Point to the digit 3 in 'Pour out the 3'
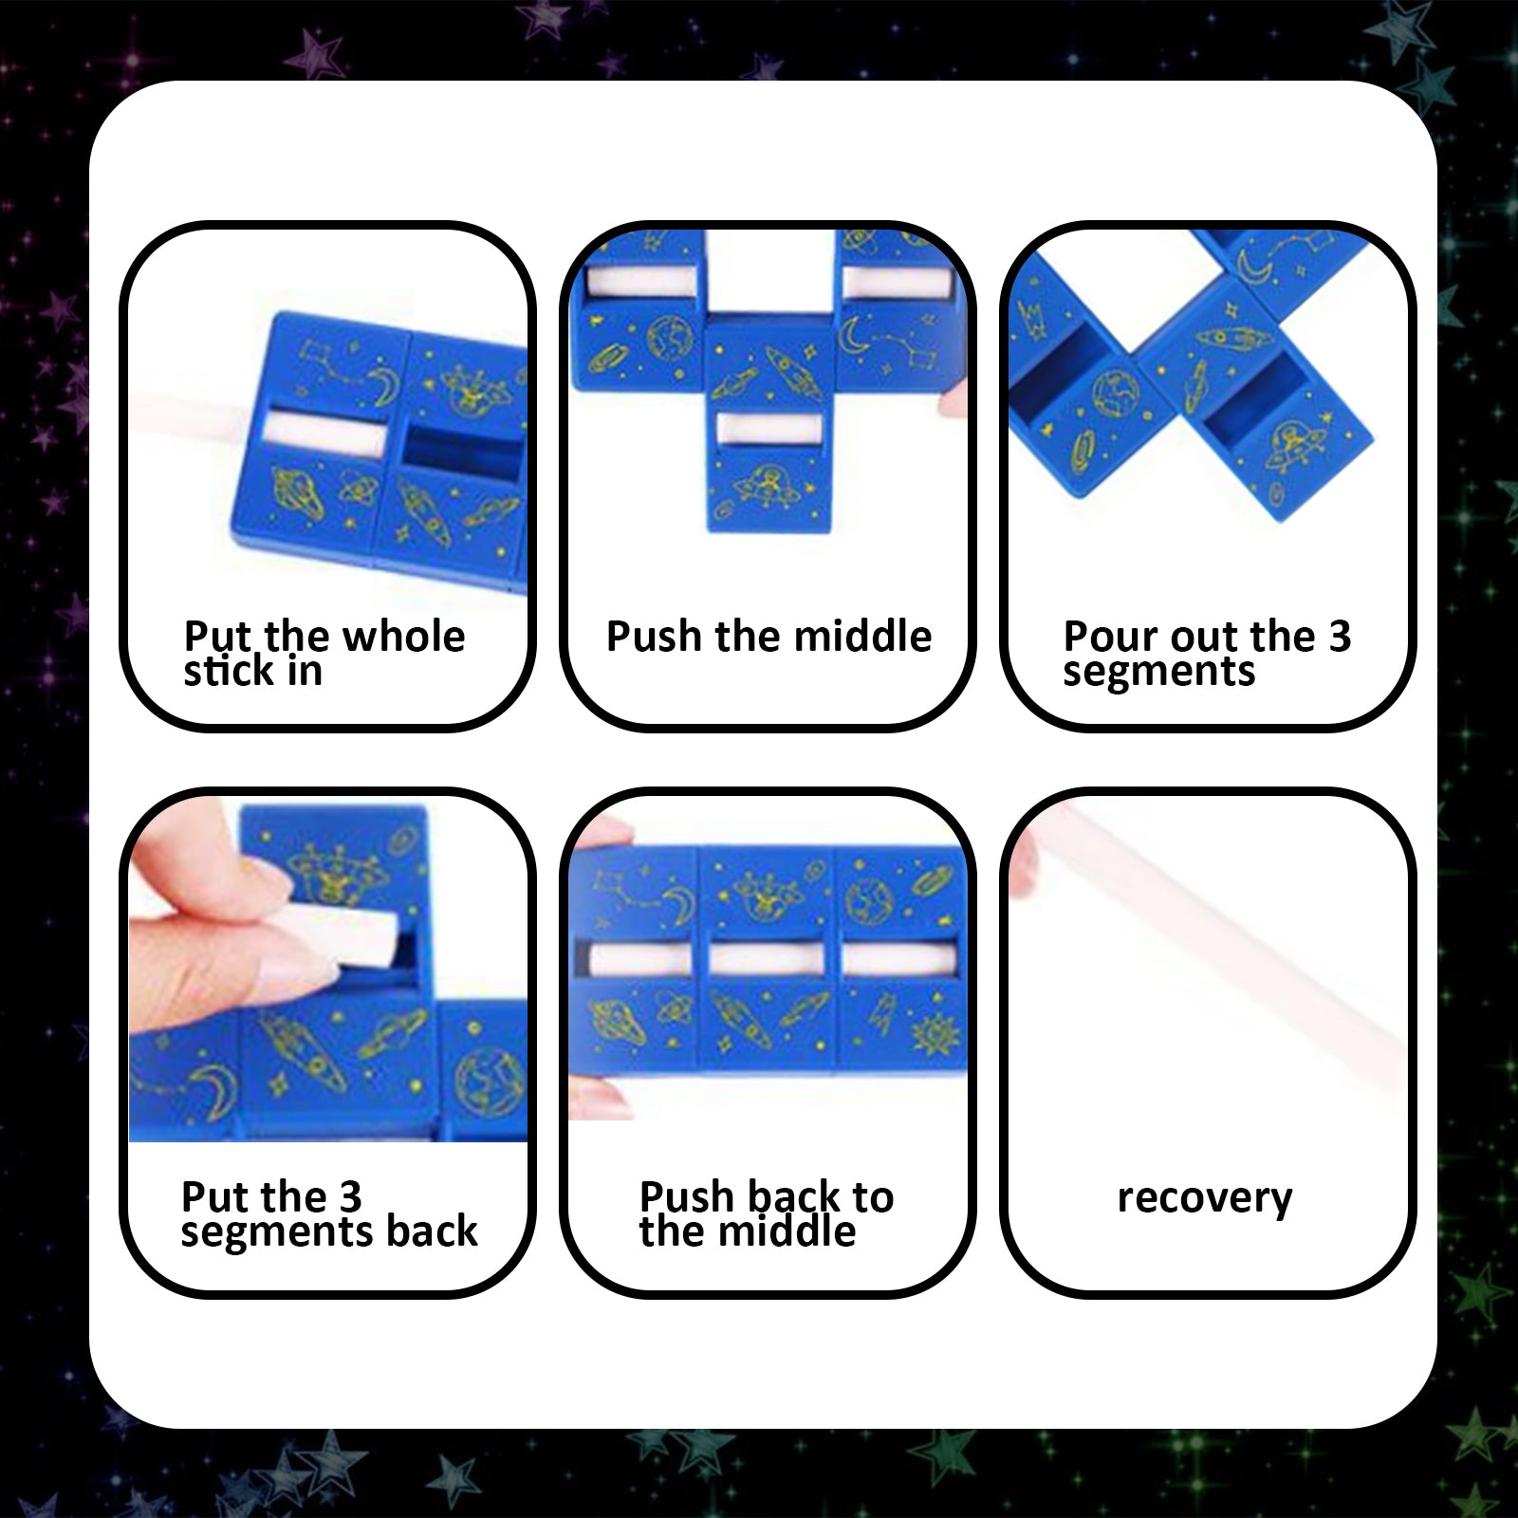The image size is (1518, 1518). [1339, 637]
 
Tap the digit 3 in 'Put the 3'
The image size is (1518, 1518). [350, 1197]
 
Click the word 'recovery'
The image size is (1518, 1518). [1204, 1198]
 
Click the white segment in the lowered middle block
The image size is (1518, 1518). [769, 428]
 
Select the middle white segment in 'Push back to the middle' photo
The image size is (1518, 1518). [768, 960]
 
